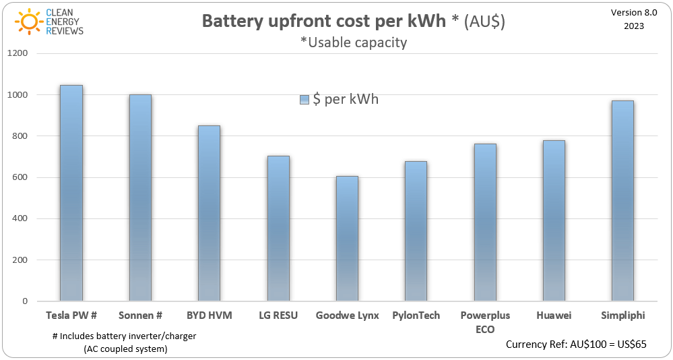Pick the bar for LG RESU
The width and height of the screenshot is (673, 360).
(x=278, y=229)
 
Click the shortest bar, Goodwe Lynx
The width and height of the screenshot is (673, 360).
(x=347, y=239)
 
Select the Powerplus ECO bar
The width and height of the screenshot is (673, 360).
(x=485, y=222)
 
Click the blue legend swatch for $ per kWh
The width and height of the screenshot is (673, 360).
(x=304, y=100)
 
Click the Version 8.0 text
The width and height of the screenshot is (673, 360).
(x=633, y=13)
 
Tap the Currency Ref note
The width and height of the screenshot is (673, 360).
(x=576, y=344)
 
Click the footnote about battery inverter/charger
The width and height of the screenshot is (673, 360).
(x=124, y=342)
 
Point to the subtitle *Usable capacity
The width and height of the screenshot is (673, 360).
(x=353, y=42)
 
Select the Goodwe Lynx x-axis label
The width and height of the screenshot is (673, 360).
(x=347, y=316)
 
